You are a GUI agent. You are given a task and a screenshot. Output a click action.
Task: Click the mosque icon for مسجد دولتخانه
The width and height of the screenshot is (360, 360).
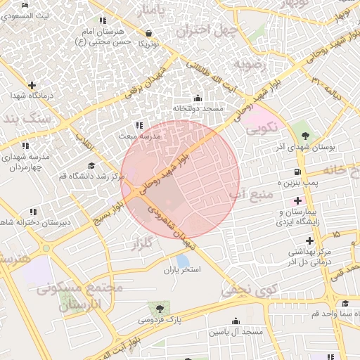(198, 98)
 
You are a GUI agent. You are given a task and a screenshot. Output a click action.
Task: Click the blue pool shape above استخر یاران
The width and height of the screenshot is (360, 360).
(182, 260)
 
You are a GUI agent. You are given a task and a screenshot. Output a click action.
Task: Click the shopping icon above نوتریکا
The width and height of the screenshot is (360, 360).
(148, 33)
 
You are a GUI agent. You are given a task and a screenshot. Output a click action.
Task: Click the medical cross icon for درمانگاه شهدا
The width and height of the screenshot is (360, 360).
(14, 95)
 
